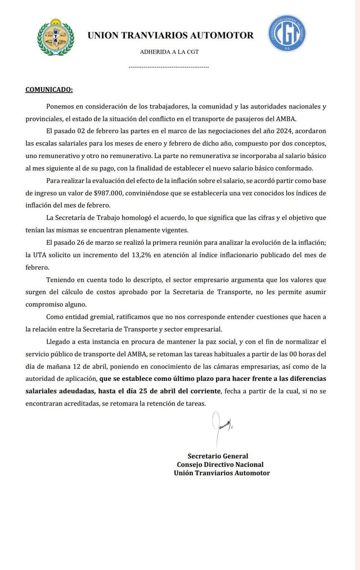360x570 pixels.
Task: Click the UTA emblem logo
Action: pos(56,37)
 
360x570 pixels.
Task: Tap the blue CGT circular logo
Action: pos(287,33)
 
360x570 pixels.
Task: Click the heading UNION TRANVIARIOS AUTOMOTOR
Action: pos(170,35)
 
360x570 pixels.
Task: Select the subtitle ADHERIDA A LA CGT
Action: pos(169,52)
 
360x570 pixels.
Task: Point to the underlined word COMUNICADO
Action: pos(49,90)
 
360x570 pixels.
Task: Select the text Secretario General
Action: pos(218,456)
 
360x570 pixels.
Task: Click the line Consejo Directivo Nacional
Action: pos(220,465)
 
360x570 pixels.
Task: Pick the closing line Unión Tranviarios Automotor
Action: pos(222,473)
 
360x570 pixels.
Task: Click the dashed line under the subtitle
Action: pos(169,67)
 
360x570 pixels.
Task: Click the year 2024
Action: pos(279,131)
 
